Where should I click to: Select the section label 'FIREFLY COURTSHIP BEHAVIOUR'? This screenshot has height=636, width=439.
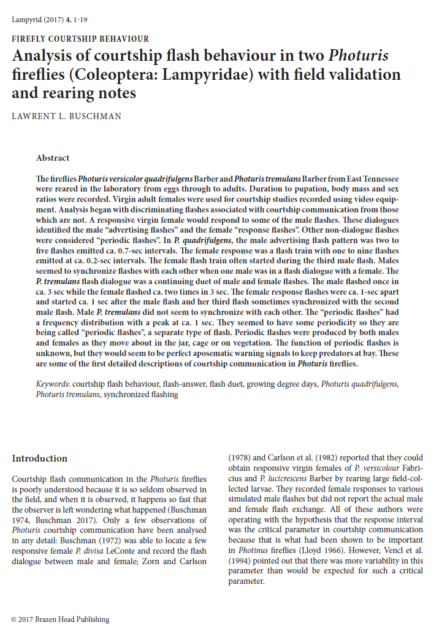[x=80, y=39]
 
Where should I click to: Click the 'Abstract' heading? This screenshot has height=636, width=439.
[x=53, y=158]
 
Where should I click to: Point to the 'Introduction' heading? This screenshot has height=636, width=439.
[x=40, y=459]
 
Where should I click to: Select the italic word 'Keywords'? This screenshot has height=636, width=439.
[x=53, y=384]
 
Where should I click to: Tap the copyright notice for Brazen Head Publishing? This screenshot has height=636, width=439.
[x=61, y=619]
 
